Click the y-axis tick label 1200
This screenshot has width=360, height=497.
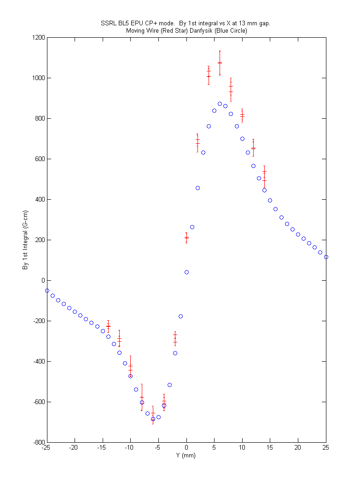[39, 37]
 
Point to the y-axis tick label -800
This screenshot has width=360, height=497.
[39, 442]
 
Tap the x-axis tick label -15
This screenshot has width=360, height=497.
[101, 448]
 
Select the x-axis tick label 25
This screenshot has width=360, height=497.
[326, 448]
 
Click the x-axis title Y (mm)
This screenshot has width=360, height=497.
[186, 456]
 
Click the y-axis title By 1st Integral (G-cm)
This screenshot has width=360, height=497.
[25, 240]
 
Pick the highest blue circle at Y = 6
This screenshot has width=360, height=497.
[220, 104]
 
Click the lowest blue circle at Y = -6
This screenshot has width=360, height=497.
[153, 419]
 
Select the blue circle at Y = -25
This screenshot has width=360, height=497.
[47, 291]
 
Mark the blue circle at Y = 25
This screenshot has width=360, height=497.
[326, 257]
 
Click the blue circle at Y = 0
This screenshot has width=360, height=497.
[186, 272]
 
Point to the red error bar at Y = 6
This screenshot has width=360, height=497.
[220, 63]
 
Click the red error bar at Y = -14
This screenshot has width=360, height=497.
[108, 326]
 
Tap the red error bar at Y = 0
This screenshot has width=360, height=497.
[186, 238]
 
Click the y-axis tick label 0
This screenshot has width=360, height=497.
[43, 281]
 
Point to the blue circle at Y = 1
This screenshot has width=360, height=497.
[192, 227]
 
